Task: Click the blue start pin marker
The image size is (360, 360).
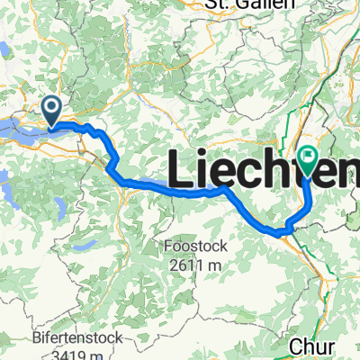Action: coord(53,112)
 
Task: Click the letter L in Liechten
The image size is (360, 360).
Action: coord(179,170)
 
